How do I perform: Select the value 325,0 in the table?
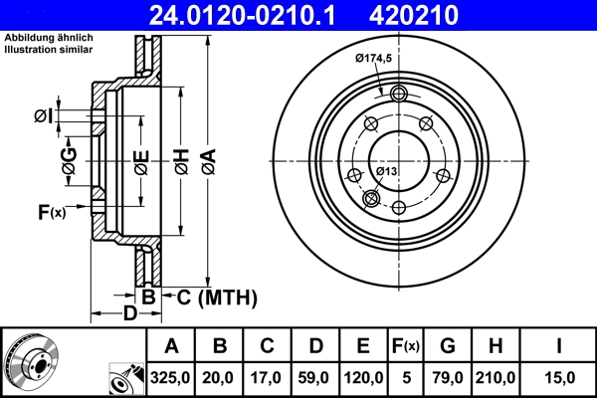[x=171, y=378]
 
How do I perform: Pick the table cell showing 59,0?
[x=315, y=378]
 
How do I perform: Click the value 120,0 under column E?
[x=364, y=378]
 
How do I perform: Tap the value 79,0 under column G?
[x=449, y=378]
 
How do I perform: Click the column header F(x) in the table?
[x=406, y=346]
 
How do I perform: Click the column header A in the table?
[x=171, y=346]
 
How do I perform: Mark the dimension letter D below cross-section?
[x=129, y=315]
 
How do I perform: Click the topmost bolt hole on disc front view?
[x=399, y=94]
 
